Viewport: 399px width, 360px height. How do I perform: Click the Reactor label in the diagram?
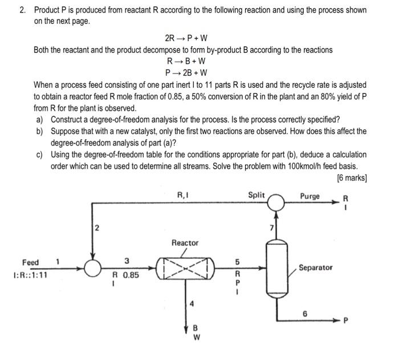coord(185,243)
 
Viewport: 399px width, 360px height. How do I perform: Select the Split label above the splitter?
coord(256,195)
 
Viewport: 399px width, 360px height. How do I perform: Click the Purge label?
coord(310,196)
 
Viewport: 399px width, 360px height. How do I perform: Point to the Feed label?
coord(30,262)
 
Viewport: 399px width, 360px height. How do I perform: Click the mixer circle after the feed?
coord(91,266)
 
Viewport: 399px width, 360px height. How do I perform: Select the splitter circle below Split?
coord(277,203)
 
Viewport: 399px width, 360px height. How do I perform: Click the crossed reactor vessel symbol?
coord(186,266)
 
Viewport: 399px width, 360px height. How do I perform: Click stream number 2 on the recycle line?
coord(96,229)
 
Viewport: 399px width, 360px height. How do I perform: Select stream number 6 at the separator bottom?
coord(305,313)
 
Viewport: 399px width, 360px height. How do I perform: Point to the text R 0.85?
coord(127,274)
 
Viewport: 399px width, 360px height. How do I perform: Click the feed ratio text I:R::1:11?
coord(30,274)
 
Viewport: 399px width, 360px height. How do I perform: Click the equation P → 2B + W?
coord(186,72)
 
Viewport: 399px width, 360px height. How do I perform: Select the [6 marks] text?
coord(352,177)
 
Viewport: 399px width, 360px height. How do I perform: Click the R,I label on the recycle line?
coord(183,195)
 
